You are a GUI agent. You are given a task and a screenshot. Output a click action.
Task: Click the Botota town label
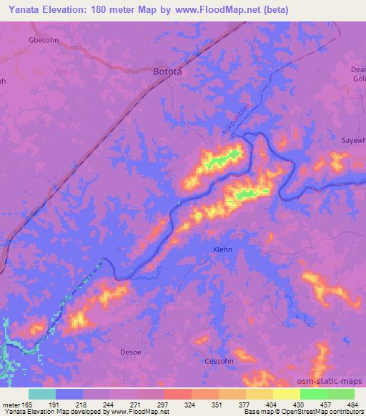(x=169, y=71)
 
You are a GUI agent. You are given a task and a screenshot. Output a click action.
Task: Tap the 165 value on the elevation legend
(x=28, y=404)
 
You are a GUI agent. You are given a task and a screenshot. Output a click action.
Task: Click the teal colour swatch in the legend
(x=41, y=394)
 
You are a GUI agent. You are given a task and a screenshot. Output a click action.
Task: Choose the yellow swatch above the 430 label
(x=286, y=394)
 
